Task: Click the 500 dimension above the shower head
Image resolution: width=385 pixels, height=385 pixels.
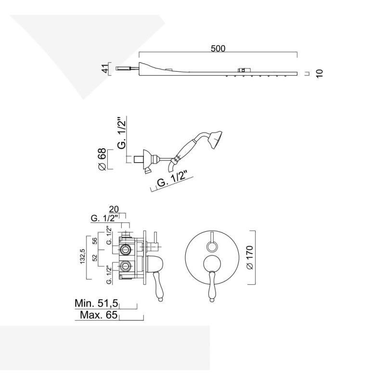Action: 218,49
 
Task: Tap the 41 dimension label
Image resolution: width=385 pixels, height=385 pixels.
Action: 105,69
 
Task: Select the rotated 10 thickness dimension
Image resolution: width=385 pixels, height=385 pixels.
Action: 320,74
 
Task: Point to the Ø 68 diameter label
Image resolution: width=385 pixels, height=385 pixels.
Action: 102,159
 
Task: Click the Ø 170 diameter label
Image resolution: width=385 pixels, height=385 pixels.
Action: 249,257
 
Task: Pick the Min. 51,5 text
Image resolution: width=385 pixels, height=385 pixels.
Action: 96,303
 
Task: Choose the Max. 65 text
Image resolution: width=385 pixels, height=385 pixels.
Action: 99,315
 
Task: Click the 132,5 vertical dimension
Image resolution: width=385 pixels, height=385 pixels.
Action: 82,257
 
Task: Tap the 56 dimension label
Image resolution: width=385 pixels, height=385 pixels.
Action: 95,240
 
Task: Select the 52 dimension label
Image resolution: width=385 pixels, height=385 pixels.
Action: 95,257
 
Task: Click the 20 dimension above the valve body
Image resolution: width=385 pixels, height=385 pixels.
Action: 114,209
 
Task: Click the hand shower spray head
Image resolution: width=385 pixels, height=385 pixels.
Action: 216,140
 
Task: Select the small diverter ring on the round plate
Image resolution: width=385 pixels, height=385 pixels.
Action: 212,246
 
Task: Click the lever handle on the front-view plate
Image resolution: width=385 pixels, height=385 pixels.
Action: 212,286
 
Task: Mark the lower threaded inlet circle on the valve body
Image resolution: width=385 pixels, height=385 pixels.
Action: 125,266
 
